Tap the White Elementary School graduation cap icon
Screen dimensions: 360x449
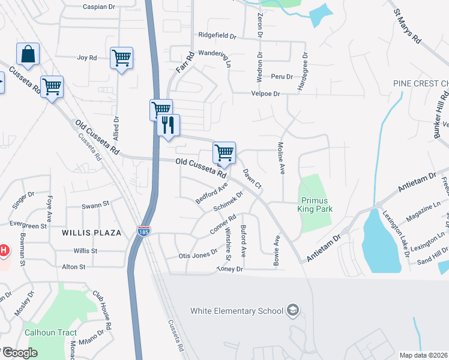292,310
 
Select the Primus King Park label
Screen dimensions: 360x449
315,205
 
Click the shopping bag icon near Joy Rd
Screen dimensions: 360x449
28,55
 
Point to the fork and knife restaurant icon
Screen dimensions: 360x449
169,125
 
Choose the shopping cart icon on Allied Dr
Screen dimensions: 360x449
122,58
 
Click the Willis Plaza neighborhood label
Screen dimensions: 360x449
91,232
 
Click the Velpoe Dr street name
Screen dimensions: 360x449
265,94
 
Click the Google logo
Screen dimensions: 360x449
19,353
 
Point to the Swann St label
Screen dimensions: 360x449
95,205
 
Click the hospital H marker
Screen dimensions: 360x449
3,250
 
